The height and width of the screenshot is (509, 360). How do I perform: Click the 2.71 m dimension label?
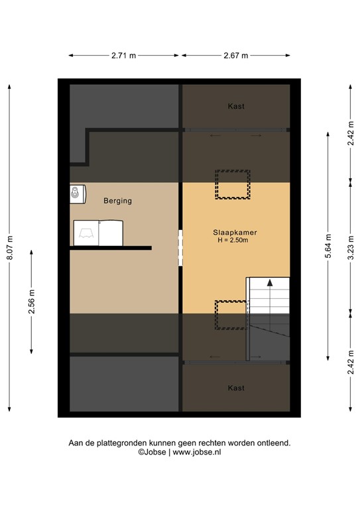tap(124, 56)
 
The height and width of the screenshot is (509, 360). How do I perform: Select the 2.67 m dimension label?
tap(235, 56)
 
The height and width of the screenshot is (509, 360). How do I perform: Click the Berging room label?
tap(117, 201)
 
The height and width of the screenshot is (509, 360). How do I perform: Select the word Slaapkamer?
tap(235, 233)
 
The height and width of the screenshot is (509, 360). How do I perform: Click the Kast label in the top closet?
tap(236, 106)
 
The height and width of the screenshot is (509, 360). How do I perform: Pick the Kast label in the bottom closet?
tap(236, 387)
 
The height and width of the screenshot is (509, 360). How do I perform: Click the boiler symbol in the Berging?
tap(78, 193)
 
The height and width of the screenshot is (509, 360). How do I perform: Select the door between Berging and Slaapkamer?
tap(180, 248)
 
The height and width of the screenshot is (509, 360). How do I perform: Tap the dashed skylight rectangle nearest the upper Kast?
tap(231, 185)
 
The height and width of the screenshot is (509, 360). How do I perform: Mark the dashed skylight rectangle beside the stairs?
tap(229, 315)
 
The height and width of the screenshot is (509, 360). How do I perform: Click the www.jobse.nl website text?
tap(197, 452)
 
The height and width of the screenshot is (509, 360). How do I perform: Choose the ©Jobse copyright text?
tap(152, 452)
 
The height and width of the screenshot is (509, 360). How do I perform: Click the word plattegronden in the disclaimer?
tap(121, 443)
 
